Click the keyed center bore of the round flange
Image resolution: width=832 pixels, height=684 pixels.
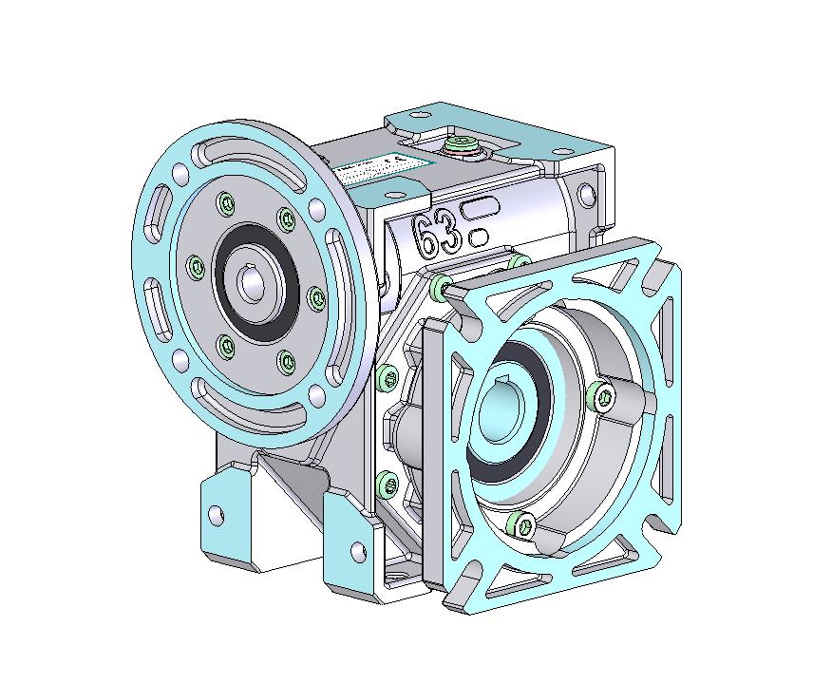click(x=253, y=283)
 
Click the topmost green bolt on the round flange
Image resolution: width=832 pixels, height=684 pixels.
click(x=225, y=202)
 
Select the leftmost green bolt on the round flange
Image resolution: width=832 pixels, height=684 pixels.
click(x=196, y=267)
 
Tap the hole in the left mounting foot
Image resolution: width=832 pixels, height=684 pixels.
click(x=217, y=515)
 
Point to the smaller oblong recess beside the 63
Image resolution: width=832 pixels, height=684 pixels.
click(x=480, y=235)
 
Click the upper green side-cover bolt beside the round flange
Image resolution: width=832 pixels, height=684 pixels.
click(x=387, y=379)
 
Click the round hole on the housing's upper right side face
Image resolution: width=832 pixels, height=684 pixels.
click(x=583, y=197)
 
